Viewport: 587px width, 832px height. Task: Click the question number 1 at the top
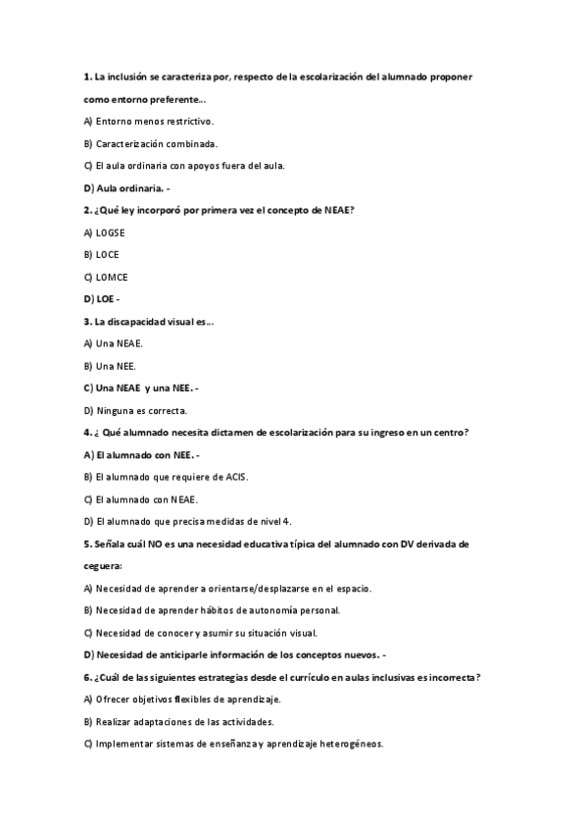87,76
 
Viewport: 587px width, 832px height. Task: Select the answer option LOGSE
111,233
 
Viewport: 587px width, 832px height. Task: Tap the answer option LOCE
108,254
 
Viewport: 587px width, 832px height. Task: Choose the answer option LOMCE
112,277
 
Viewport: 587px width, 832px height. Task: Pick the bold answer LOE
106,299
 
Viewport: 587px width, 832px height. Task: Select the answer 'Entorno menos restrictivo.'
154,121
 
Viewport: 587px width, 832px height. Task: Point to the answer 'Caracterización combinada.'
156,143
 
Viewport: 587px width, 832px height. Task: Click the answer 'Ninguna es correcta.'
142,410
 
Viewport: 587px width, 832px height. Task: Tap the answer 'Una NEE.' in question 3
117,366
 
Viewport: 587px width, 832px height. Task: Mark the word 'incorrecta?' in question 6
450,677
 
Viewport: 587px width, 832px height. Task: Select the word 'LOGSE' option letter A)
87,233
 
